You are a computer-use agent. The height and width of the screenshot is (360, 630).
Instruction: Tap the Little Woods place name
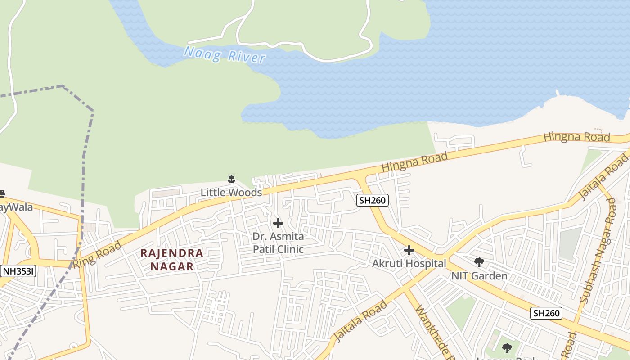231,193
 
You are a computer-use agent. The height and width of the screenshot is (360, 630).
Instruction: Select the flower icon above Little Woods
231,180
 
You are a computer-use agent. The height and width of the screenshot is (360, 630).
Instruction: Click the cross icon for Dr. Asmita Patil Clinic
278,223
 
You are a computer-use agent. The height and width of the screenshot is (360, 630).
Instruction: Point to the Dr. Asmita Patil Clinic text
278,243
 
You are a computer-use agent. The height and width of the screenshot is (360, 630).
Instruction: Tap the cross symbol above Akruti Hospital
409,250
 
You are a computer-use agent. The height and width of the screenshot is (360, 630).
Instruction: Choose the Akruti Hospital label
409,264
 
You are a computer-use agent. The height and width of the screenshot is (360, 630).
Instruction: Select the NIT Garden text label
479,276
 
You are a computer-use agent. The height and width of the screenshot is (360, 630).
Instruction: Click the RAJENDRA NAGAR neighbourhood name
172,260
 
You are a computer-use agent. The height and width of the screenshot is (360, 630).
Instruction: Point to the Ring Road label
97,255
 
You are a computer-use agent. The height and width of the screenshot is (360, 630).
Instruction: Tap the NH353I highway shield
18,271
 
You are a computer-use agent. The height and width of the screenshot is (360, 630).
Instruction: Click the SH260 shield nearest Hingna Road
373,200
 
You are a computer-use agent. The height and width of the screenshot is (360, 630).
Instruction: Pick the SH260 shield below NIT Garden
546,313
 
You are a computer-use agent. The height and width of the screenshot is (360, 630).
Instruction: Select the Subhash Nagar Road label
598,250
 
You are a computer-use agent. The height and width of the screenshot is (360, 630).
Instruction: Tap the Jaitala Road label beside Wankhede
360,320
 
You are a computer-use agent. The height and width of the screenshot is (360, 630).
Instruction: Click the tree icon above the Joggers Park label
507,348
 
